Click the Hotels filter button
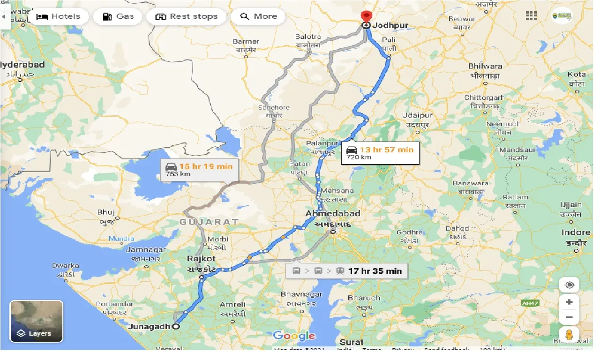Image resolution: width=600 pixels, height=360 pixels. point(58,16)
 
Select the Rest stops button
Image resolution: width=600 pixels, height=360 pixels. point(186,16)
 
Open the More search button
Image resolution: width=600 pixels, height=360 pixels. point(258,16)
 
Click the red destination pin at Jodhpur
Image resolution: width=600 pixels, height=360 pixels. point(366,17)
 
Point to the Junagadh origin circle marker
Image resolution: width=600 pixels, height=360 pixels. point(176,327)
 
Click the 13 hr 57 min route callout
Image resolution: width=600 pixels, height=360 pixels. point(380,152)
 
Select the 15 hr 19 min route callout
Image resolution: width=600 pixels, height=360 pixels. point(199,169)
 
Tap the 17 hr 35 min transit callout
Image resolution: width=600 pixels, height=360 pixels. point(346,271)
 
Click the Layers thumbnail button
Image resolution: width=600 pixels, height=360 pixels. point(36,321)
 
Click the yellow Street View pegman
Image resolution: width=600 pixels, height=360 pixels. point(570,335)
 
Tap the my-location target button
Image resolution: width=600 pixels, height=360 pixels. point(570,285)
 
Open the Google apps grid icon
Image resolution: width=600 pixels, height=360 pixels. point(531,15)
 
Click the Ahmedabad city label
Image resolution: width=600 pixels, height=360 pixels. point(333,214)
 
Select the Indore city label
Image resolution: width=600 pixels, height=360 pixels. point(576,232)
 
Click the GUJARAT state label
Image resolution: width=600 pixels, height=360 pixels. point(209,221)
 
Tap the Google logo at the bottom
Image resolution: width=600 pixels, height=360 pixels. point(294,336)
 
